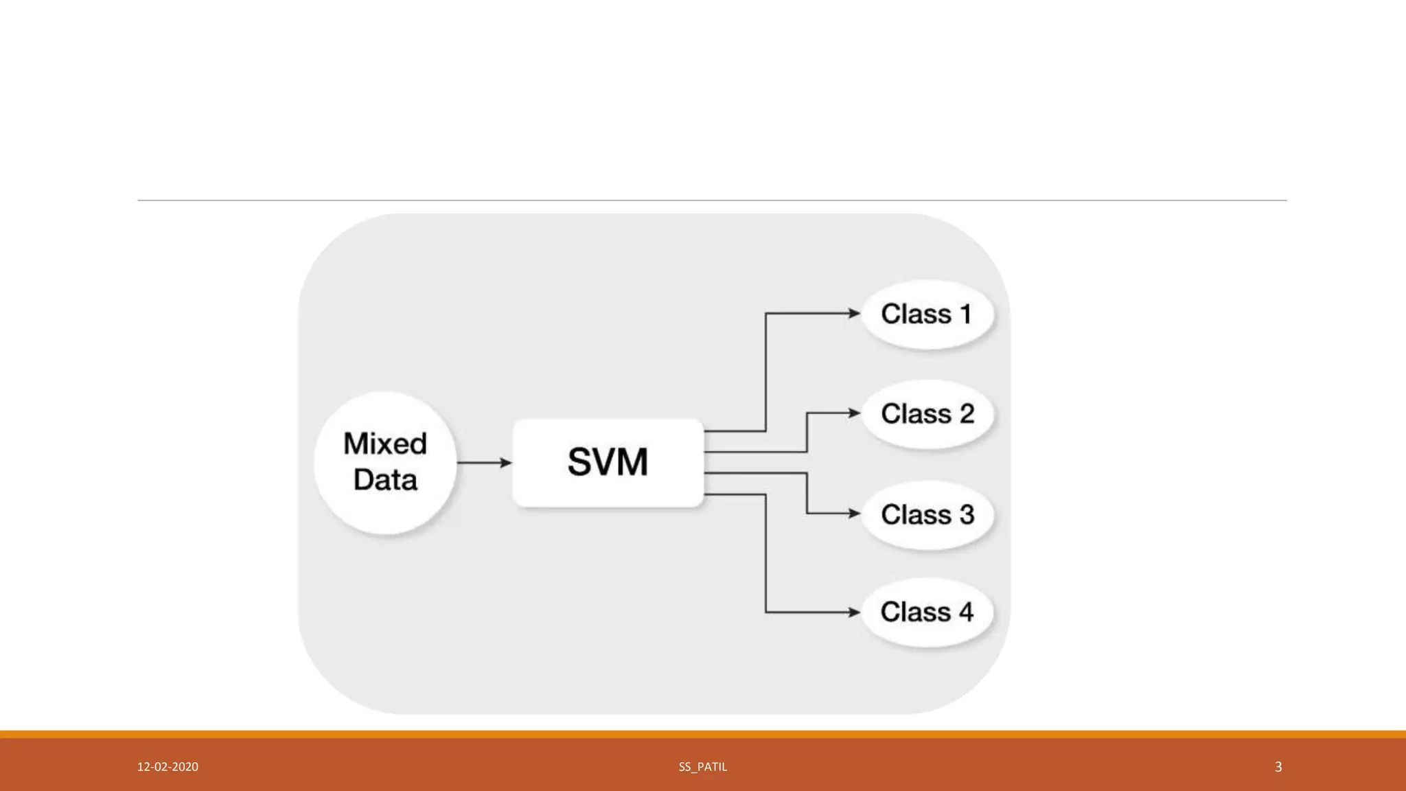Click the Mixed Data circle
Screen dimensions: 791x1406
(x=385, y=462)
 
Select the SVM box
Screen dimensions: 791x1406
(x=608, y=462)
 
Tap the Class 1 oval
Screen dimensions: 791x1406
(x=927, y=314)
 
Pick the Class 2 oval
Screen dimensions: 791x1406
(x=927, y=414)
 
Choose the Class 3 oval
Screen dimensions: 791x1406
(x=927, y=514)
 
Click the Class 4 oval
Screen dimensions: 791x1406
(x=927, y=612)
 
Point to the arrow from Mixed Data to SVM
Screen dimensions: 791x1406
(x=484, y=463)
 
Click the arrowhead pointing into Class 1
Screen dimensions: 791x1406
(x=854, y=313)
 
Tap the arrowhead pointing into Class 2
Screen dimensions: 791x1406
(x=854, y=413)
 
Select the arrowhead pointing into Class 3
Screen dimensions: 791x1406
(x=854, y=513)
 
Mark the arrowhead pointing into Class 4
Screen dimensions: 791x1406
(x=854, y=612)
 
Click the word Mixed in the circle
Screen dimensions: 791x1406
(x=385, y=444)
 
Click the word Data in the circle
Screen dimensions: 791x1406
(x=385, y=480)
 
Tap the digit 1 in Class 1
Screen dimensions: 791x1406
(x=966, y=314)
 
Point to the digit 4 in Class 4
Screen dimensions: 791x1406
(x=966, y=612)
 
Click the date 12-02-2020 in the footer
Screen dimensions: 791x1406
(x=168, y=767)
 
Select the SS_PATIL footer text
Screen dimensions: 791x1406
(x=702, y=767)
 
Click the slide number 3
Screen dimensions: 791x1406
(x=1278, y=767)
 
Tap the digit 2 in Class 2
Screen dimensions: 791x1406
(x=967, y=414)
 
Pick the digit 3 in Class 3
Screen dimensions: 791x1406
(x=967, y=514)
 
